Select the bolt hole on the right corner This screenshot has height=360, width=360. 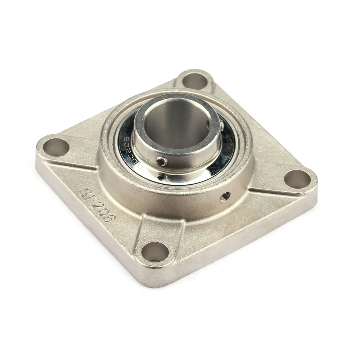(297, 179)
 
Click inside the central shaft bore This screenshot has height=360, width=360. (173, 124)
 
